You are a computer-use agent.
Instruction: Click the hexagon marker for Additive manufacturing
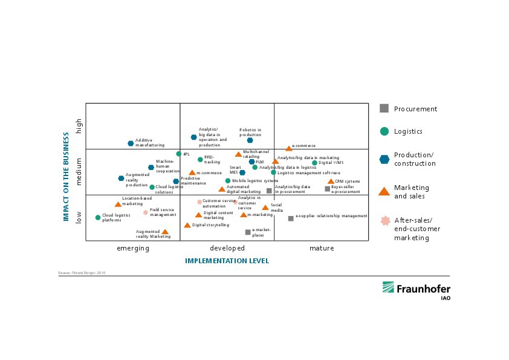(131, 143)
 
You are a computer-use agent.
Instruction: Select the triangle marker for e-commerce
(289, 148)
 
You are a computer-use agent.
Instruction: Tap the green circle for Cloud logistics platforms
(98, 217)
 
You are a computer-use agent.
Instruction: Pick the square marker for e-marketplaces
(248, 232)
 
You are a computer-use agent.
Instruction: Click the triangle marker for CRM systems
(331, 182)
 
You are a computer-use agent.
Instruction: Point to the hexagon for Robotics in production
(250, 140)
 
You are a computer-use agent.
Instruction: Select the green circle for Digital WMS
(314, 163)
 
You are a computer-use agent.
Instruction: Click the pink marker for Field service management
(146, 212)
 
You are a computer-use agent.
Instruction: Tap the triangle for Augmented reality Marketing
(165, 232)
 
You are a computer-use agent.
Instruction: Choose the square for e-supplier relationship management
(291, 218)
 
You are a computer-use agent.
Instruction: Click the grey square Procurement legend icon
(384, 108)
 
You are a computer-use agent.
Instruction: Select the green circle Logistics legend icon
(384, 131)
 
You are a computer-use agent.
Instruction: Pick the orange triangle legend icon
(384, 191)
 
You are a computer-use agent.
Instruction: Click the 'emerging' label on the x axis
(132, 248)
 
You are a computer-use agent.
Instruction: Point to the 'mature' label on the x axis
(321, 248)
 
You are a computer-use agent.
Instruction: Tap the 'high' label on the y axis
(78, 126)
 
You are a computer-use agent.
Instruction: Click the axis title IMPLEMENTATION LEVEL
(227, 261)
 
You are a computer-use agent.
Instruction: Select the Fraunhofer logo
(415, 290)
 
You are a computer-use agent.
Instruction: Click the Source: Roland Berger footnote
(82, 273)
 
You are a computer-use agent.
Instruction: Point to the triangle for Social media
(265, 208)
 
